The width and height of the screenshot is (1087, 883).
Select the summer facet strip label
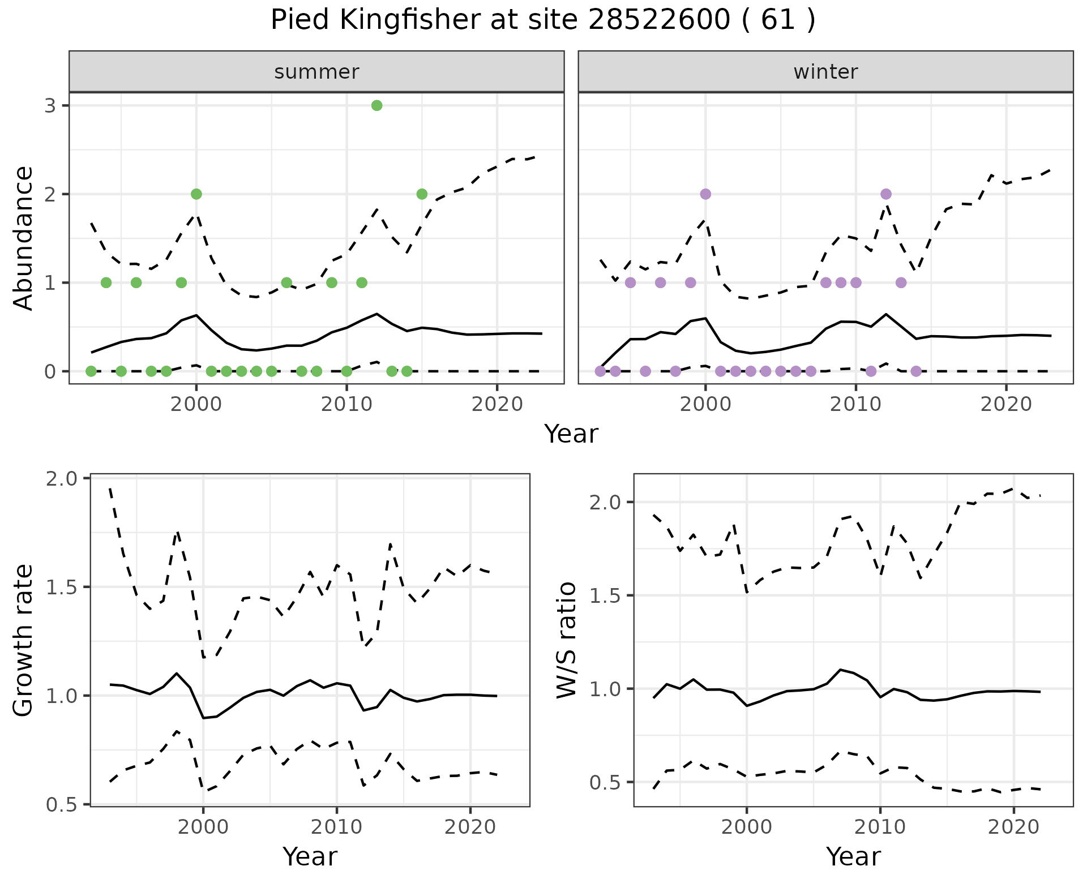coord(316,72)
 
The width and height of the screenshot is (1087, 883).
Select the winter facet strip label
coord(825,72)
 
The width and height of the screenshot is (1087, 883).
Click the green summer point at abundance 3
coord(376,105)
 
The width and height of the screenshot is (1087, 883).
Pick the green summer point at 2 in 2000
coord(196,194)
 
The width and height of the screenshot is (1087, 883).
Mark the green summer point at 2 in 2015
coord(422,194)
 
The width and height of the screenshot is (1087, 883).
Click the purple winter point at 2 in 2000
coord(705,194)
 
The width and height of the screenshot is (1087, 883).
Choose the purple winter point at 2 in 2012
coord(886,194)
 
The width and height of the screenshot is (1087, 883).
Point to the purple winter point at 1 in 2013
coord(901,282)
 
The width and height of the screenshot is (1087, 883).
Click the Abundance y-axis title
coord(23,238)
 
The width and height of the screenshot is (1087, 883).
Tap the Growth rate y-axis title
coord(23,640)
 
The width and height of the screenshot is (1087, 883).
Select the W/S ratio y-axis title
coord(566,640)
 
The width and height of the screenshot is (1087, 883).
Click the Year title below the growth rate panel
coord(310,856)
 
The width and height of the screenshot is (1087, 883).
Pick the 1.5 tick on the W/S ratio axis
coord(606,596)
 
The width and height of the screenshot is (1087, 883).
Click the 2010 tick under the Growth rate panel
coord(337,827)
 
